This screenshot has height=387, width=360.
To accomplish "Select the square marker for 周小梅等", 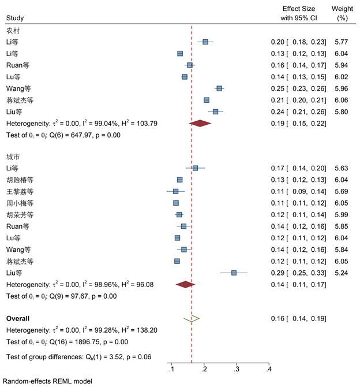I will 176,203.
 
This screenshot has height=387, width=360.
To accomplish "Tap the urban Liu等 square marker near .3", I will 234,273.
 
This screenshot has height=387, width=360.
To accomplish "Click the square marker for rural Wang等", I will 219,88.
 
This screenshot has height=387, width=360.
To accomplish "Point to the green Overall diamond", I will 192,318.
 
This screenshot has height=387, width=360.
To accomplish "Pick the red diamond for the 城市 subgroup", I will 185,284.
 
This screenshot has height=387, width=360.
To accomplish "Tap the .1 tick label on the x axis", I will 171,368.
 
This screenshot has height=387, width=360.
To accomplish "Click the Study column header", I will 16,18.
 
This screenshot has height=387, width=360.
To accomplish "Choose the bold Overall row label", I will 18,318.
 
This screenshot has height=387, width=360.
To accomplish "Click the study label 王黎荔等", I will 20,191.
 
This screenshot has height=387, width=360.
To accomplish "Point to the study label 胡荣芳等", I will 20,214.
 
